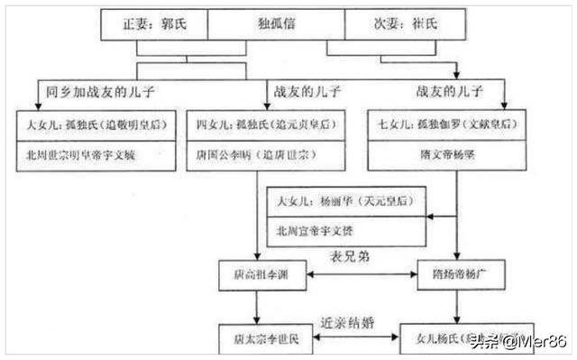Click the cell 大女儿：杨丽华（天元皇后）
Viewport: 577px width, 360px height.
346,199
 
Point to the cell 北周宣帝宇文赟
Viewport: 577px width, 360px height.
346,230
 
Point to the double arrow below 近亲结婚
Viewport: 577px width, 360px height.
353,338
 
